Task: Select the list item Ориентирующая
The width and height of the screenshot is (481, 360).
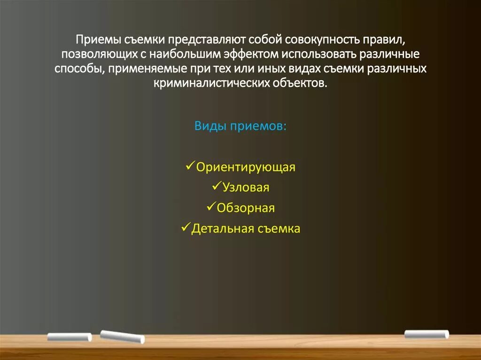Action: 246,168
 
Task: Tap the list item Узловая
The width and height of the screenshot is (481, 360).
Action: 246,188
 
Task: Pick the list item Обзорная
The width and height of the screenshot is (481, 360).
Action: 246,208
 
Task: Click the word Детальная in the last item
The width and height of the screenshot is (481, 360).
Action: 223,229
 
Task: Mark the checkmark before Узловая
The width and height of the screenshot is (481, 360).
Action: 217,186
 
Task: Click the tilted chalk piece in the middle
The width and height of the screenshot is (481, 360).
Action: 123,336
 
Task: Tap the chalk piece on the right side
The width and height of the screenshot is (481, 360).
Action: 427,334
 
